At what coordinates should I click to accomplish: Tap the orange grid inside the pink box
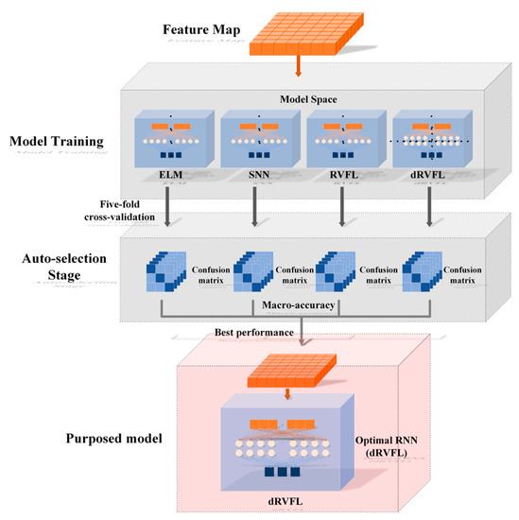click(289, 367)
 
